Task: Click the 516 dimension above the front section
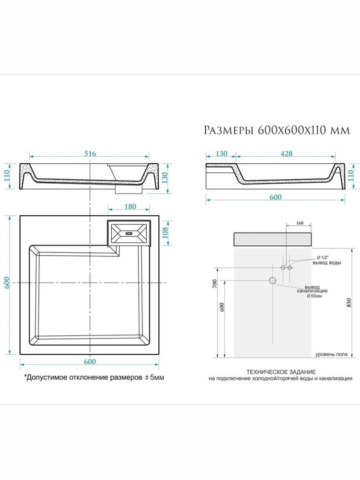pos(90,153)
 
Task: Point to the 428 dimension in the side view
pos(286,154)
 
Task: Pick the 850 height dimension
pos(350,303)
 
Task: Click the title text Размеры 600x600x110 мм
pos(277,130)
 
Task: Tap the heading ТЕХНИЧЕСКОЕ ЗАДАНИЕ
pos(280,371)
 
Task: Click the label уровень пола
pos(330,354)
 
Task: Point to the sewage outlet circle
pos(272,281)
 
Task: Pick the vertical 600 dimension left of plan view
pos(8,283)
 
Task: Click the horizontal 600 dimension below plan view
pos(90,362)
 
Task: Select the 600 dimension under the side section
pos(275,197)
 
